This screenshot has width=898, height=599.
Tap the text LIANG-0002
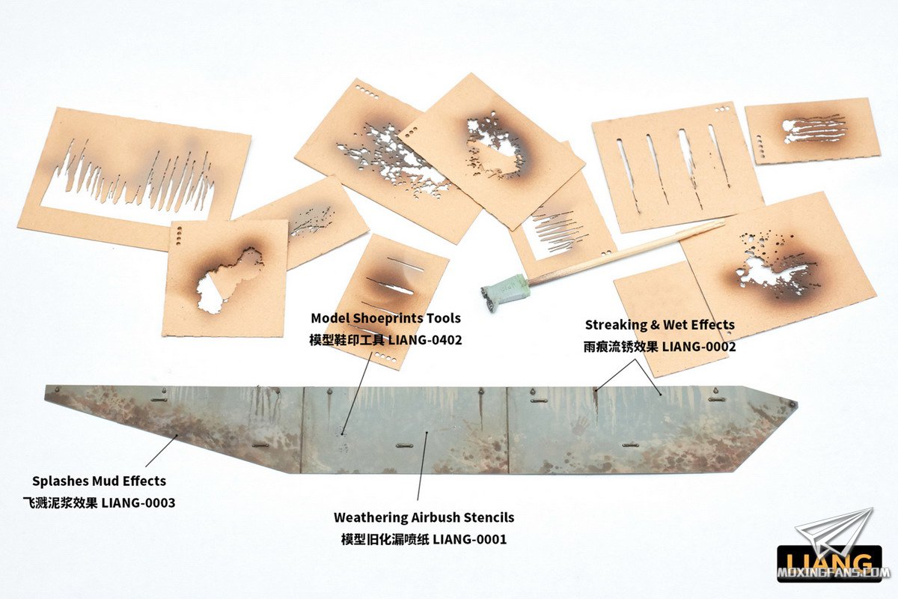point(699,347)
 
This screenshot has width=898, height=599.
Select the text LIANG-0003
point(138,502)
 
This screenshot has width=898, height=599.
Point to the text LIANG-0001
point(469,539)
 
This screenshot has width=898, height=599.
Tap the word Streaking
point(616,325)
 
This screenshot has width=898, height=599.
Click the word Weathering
point(370,517)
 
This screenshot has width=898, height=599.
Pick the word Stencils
point(489,517)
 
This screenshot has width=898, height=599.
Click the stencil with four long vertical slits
point(677,167)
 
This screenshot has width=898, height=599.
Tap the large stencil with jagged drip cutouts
point(134,178)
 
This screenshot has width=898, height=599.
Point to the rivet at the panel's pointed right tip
point(792,404)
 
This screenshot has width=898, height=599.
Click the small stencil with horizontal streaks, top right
point(813,131)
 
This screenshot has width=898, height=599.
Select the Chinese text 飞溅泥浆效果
point(60,502)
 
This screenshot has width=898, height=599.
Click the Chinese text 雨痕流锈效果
point(620,347)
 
